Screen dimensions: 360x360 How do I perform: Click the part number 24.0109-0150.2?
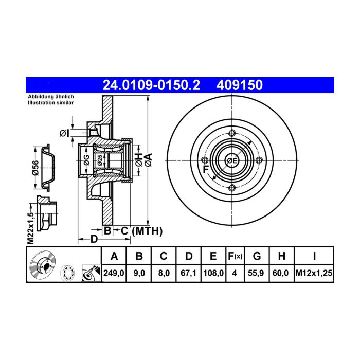point(151,85)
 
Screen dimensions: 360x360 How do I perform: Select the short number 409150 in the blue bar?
point(240,85)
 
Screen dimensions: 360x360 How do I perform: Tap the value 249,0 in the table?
point(114,273)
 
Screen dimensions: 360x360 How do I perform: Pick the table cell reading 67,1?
point(189,273)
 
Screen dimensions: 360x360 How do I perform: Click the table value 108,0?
point(213,273)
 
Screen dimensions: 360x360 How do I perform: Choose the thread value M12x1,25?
point(314,273)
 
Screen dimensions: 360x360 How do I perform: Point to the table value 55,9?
point(256,273)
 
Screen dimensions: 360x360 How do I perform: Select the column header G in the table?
point(257,256)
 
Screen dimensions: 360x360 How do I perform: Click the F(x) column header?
point(235,256)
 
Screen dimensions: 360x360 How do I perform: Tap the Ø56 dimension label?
point(36,168)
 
